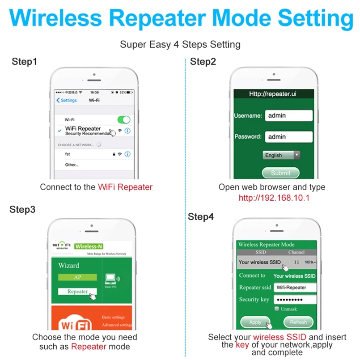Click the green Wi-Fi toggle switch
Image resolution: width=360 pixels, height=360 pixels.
123,120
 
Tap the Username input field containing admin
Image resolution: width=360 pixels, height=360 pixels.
288,115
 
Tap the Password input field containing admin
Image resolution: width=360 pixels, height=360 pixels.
288,137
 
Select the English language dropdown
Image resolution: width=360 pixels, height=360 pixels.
281,155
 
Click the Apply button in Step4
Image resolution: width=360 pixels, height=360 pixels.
255,322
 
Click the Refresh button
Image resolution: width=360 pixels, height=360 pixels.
298,322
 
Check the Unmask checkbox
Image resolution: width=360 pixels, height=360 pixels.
277,309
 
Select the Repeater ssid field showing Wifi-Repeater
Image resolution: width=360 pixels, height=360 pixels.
295,288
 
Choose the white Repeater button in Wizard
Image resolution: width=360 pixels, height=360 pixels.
77,292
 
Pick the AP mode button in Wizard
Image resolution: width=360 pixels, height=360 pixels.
77,277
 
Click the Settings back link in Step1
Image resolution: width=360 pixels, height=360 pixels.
67,100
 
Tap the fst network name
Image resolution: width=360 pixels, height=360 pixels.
68,154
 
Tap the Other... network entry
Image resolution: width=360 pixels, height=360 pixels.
72,165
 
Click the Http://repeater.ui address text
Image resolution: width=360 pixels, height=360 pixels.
273,94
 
